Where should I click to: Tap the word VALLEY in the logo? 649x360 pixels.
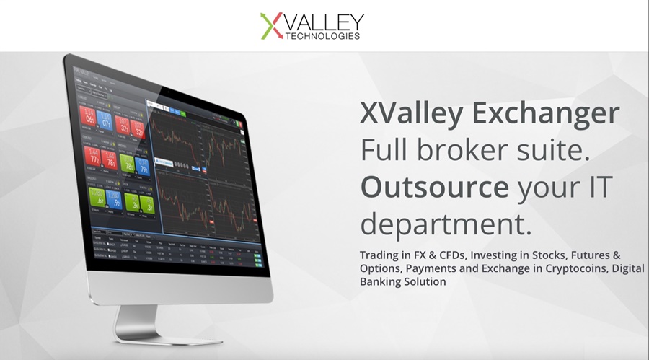(324, 22)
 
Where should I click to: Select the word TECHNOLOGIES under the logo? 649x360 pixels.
(325, 35)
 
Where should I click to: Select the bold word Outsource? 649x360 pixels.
(435, 188)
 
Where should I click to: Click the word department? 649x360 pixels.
(445, 224)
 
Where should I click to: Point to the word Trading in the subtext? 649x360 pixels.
(379, 255)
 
